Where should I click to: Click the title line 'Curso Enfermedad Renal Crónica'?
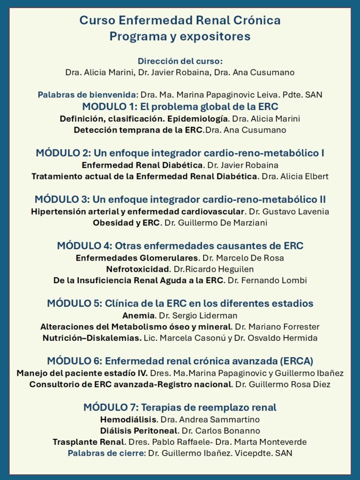point(180,21)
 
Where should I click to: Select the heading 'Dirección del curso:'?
point(180,61)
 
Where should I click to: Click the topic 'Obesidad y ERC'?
point(126,223)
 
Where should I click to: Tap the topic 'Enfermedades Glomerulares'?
point(137,257)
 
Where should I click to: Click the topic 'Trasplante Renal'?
point(89,442)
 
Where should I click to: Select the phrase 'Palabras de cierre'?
point(106,453)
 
